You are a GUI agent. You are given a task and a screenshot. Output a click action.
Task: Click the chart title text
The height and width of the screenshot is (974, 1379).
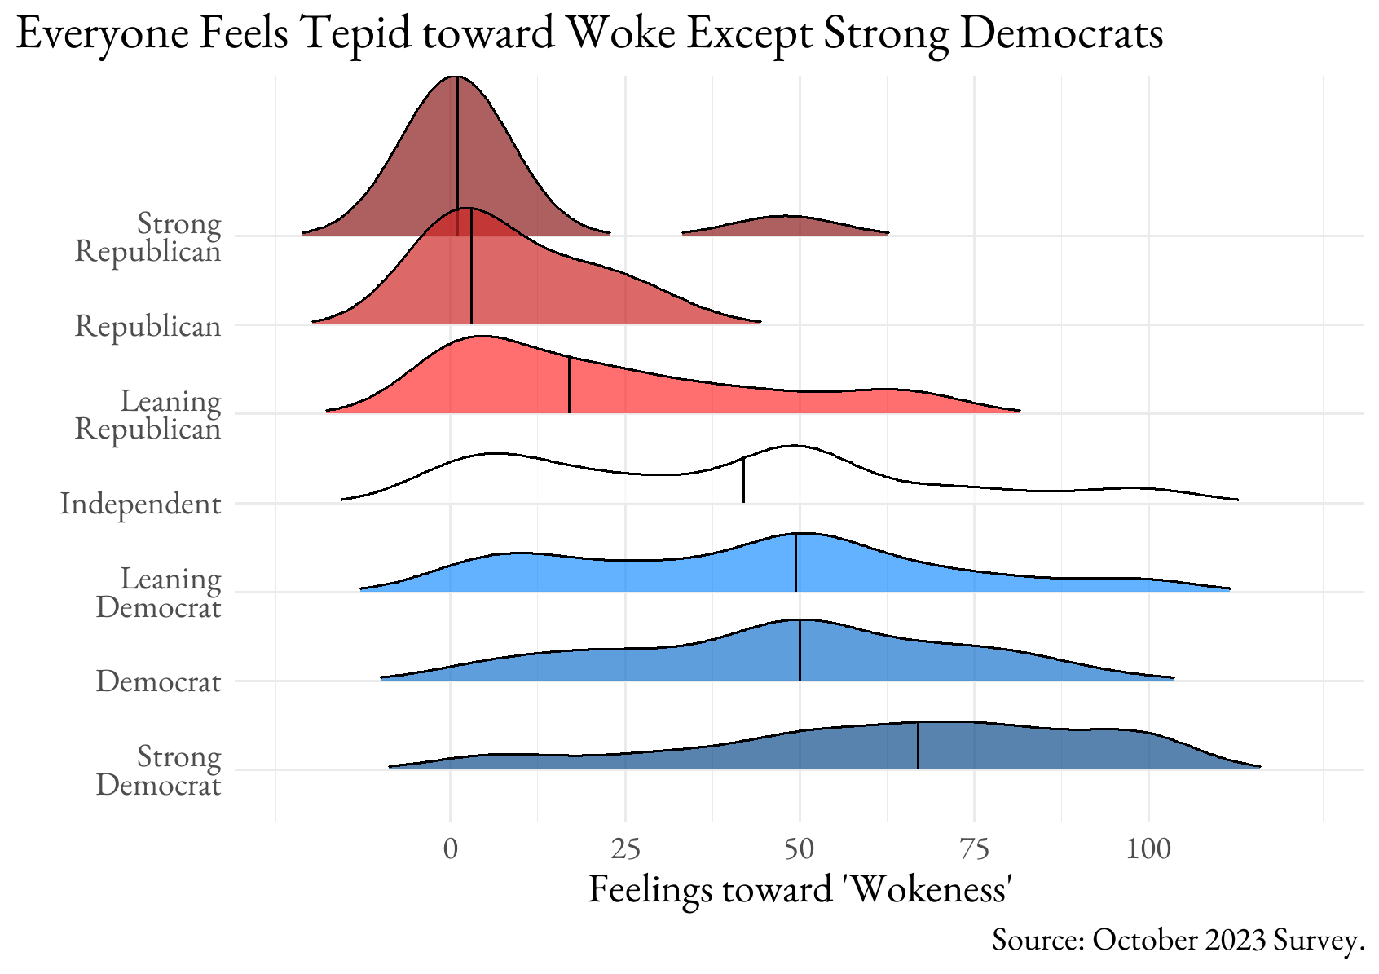588,34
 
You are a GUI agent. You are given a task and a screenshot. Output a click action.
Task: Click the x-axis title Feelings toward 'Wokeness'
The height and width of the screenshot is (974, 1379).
800,889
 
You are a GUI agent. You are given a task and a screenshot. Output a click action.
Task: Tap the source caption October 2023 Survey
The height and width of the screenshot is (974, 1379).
1178,941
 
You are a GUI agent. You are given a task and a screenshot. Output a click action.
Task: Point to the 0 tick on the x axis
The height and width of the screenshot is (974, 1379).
451,849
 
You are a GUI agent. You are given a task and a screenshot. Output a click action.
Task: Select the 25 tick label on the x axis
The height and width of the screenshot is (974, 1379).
625,849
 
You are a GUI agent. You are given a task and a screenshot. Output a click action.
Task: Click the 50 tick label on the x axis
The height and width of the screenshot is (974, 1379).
800,849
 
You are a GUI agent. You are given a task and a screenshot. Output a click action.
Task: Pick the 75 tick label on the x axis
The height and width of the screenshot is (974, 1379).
974,849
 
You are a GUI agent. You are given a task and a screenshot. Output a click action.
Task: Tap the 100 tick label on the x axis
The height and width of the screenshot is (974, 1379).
1148,849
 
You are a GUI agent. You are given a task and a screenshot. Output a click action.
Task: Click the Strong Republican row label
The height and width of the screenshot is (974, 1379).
148,237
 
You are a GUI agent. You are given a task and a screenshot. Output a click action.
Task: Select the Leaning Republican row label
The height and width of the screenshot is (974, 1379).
148,415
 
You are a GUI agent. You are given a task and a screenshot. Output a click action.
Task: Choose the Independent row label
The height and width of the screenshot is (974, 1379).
140,504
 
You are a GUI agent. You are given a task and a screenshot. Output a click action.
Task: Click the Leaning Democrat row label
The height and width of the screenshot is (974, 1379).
159,593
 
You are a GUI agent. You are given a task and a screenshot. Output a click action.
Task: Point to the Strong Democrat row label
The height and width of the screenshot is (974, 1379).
159,770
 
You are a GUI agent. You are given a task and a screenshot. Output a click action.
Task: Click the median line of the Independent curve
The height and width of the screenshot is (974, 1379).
743,481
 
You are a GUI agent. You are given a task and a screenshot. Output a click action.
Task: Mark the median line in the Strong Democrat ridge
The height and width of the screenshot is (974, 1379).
918,746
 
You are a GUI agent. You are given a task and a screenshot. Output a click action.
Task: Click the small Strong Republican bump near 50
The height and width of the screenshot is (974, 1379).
785,226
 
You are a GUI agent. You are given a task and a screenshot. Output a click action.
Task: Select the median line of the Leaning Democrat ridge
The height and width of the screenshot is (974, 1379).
795,562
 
